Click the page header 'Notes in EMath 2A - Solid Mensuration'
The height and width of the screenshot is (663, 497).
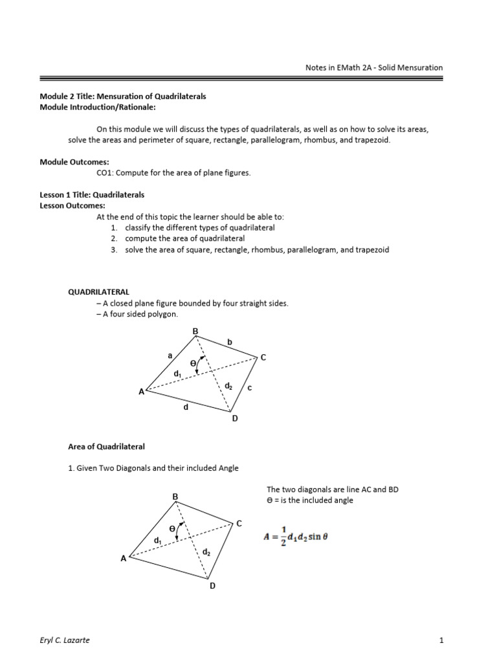(x=373, y=67)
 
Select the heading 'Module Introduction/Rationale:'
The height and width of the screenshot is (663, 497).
(x=98, y=107)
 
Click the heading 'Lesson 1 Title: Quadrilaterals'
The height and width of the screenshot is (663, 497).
(x=93, y=194)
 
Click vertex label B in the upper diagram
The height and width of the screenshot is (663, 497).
(x=195, y=331)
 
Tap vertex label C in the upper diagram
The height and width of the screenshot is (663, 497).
(x=263, y=357)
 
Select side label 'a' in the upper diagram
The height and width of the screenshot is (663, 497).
(x=169, y=355)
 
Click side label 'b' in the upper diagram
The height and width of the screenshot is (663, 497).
(x=228, y=341)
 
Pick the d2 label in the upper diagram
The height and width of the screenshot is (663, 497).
(x=228, y=387)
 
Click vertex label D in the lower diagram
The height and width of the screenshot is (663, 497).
(x=211, y=585)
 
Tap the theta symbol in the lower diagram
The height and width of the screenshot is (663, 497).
(x=171, y=529)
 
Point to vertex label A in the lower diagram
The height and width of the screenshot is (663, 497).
(x=123, y=559)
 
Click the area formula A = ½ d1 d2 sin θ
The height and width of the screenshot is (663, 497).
(x=295, y=537)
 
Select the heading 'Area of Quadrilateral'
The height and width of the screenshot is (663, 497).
(x=107, y=447)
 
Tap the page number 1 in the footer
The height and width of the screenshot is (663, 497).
(x=441, y=641)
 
